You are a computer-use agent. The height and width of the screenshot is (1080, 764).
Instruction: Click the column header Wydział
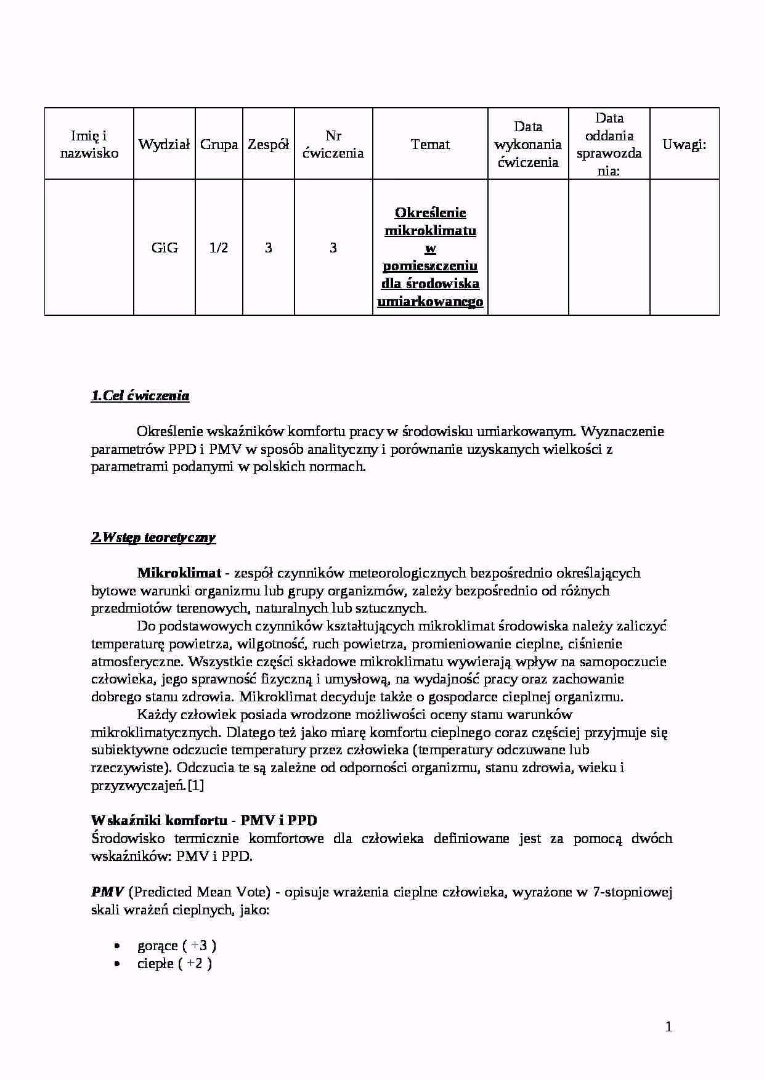pos(164,145)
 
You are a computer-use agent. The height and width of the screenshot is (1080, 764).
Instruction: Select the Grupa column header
pos(219,145)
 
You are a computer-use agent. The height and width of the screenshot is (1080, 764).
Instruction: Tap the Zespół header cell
pos(268,145)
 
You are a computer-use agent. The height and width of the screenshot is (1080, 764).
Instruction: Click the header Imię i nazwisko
pos(89,145)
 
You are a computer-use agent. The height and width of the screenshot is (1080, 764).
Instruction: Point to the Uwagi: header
pos(684,145)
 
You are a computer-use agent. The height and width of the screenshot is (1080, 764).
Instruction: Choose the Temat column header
pos(430,145)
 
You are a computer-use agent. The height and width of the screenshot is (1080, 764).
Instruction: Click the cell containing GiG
pos(165,248)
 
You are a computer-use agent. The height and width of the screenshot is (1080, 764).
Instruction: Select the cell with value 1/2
pos(219,248)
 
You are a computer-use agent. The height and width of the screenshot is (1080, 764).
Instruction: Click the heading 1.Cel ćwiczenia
pos(140,396)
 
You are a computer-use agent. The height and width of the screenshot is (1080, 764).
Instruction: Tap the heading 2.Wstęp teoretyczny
pos(153,538)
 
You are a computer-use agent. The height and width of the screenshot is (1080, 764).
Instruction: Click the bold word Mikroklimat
pos(179,573)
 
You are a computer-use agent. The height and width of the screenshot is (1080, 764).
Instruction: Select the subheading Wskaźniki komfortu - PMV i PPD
pos(204,820)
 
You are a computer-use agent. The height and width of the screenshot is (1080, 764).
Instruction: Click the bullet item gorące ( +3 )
pos(176,945)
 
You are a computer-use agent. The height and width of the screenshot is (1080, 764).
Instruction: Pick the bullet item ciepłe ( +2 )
pos(174,963)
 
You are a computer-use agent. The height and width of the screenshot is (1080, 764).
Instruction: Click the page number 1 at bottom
pos(668,1026)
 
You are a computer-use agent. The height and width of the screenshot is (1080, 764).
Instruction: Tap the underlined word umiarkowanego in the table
pos(430,302)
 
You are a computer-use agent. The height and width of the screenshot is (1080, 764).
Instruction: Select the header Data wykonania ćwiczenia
pos(528,145)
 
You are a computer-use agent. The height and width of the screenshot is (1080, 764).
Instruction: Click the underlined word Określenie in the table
pos(430,213)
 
